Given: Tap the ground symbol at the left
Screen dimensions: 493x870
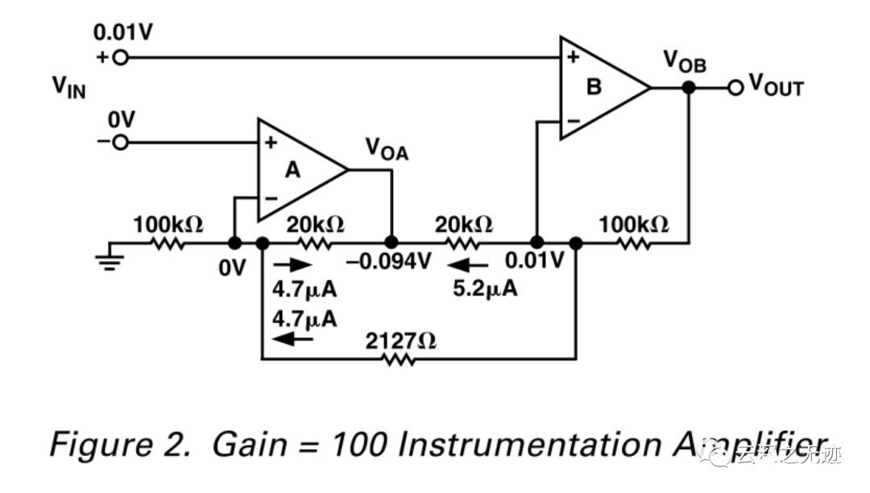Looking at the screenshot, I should click(110, 260).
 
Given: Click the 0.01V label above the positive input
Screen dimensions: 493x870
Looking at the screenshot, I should click(123, 33).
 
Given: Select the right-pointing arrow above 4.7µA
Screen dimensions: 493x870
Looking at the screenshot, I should click(291, 265).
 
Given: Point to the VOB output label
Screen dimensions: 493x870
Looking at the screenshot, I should click(685, 61).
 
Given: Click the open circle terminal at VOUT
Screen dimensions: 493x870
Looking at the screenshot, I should click(735, 87).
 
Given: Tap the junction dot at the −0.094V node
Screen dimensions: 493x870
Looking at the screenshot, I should click(391, 242).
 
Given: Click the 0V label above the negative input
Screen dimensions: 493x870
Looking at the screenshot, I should click(122, 119).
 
